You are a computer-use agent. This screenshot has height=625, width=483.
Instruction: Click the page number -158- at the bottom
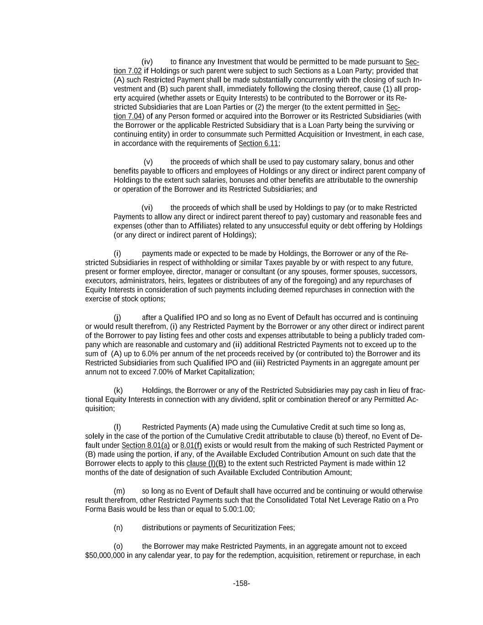pyautogui.click(x=241, y=583)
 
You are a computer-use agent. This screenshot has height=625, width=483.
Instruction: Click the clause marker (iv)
pyautogui.click(x=147, y=62)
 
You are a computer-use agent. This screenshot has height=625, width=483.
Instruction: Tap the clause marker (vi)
pyautogui.click(x=147, y=208)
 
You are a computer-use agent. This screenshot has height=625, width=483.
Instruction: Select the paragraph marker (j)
pyautogui.click(x=118, y=317)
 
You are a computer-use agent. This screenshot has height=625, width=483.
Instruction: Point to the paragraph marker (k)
pyautogui.click(x=118, y=391)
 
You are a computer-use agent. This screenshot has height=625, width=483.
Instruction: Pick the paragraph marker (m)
pyautogui.click(x=119, y=491)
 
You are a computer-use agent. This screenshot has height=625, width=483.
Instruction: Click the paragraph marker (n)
pyautogui.click(x=118, y=528)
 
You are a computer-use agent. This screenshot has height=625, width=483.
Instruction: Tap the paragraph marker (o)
pyautogui.click(x=118, y=546)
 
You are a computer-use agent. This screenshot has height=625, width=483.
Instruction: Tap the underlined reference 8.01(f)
pyautogui.click(x=191, y=446)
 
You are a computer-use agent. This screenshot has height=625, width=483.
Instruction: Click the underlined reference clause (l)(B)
pyautogui.click(x=206, y=464)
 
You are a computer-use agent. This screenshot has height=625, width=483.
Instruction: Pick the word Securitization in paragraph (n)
pyautogui.click(x=254, y=528)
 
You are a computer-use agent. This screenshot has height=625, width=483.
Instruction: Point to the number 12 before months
pyautogui.click(x=401, y=464)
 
